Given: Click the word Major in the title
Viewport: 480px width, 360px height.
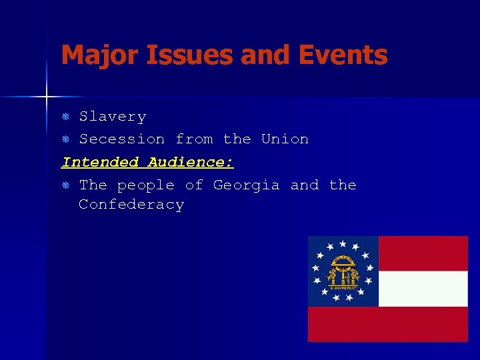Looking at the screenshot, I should [93, 55].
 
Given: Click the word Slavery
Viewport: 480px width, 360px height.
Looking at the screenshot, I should [113, 117].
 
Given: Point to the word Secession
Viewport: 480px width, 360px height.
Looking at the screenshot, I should [122, 139].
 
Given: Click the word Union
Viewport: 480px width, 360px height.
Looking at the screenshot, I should [285, 139].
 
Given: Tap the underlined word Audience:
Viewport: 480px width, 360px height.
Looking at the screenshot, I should [191, 162].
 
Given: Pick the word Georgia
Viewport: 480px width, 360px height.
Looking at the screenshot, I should [246, 185].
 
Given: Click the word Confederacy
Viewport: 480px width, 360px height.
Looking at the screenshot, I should [131, 205].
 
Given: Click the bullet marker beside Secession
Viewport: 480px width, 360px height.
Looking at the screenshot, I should [66, 140].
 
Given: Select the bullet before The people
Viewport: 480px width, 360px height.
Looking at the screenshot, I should [66, 185].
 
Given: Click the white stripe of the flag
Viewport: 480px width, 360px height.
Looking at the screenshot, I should [423, 289].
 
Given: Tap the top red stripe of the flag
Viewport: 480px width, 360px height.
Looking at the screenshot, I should [423, 253].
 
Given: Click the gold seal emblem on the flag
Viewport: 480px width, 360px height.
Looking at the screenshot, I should [343, 271].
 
